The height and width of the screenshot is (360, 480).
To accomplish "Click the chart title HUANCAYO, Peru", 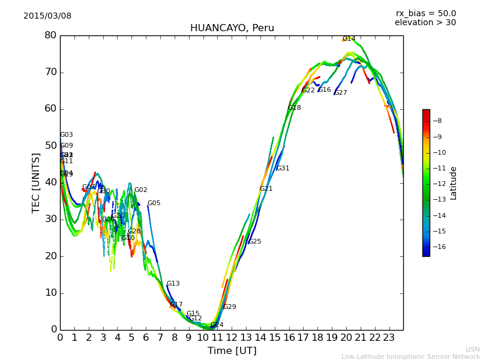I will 232,28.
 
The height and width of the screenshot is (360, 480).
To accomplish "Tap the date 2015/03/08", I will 47,16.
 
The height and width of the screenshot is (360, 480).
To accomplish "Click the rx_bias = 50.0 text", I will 425,13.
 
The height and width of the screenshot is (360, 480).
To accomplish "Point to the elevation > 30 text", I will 425,23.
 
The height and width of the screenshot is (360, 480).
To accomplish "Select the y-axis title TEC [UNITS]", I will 36,182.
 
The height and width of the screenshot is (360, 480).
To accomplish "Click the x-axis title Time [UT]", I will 232,351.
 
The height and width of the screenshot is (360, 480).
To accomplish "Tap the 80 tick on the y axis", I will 50,35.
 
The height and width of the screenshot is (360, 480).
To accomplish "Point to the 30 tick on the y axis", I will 50,219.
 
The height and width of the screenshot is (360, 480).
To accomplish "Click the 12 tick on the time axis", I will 232,338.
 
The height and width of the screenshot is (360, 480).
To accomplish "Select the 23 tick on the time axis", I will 389,338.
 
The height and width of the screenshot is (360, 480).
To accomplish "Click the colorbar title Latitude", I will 454,183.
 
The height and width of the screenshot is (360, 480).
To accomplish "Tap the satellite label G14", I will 349,38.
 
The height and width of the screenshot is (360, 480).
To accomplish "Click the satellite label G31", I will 283,169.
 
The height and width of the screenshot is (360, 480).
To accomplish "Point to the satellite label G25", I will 255,242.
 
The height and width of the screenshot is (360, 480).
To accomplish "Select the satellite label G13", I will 173,284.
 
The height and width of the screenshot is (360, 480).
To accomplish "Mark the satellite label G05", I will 154,203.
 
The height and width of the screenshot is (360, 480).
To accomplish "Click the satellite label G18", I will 295,108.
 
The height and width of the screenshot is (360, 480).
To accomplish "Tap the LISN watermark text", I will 472,349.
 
